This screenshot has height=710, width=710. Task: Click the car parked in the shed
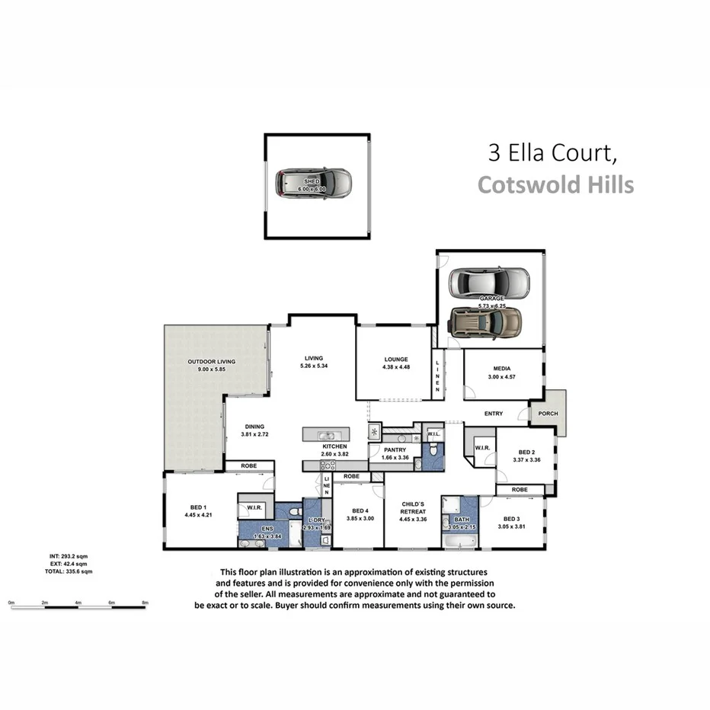pyautogui.click(x=313, y=184)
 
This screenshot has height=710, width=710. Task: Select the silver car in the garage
pyautogui.click(x=488, y=283)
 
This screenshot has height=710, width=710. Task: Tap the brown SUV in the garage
pyautogui.click(x=485, y=321)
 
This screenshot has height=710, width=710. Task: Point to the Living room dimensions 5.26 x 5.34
pyautogui.click(x=314, y=366)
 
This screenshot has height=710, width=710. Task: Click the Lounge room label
pyautogui.click(x=395, y=359)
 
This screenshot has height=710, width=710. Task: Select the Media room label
pyautogui.click(x=501, y=369)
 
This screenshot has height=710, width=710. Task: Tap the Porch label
pyautogui.click(x=548, y=414)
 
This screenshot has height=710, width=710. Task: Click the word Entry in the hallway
pyautogui.click(x=494, y=414)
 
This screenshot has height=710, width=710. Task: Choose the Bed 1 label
pyautogui.click(x=196, y=507)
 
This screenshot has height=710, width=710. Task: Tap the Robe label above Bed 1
pyautogui.click(x=248, y=465)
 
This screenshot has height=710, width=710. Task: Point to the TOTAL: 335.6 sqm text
pyautogui.click(x=69, y=571)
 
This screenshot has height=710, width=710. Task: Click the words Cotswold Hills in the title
pyautogui.click(x=555, y=184)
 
